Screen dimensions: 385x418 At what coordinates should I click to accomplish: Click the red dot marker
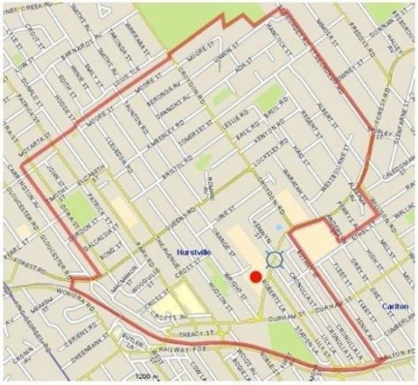[x=255, y=276]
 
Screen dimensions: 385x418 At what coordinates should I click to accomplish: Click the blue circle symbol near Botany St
[x=275, y=259]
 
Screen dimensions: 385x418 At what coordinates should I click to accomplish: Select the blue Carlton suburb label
[x=398, y=306]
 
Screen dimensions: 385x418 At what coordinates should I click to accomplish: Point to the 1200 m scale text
[x=138, y=378]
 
